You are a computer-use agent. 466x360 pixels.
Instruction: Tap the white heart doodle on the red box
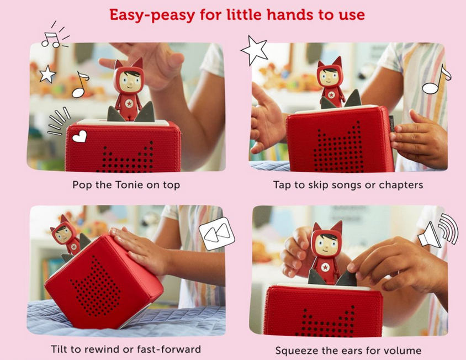[x=80, y=136]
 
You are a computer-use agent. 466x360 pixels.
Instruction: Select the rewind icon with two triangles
[x=216, y=234]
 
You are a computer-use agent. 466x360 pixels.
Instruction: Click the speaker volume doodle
[x=438, y=230]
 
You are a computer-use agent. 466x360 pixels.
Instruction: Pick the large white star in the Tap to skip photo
[x=254, y=50]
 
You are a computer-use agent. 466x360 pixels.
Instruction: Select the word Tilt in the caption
[x=59, y=349]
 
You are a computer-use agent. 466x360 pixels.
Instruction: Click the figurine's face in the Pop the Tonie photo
[x=129, y=80]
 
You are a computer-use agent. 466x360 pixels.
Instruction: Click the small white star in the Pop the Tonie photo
[x=47, y=74]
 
